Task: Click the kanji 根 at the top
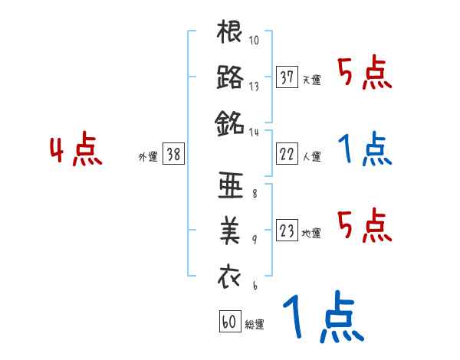click(x=230, y=33)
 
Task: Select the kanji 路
click(x=230, y=77)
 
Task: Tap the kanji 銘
click(x=230, y=123)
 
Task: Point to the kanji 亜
click(x=230, y=187)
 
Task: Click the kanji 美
click(x=230, y=231)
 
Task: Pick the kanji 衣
click(x=230, y=275)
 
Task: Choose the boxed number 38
click(x=173, y=154)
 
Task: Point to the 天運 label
click(x=311, y=80)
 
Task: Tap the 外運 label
click(x=148, y=156)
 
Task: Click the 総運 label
click(x=254, y=325)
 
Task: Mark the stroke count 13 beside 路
click(x=254, y=86)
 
